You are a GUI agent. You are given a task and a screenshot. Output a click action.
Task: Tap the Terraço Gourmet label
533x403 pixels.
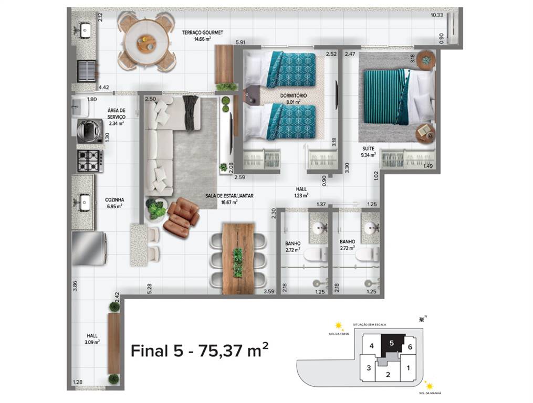point(202,35)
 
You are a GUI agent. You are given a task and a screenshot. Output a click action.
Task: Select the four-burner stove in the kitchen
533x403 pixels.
point(90,161)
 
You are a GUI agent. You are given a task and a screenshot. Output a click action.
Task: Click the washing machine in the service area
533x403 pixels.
point(90,131)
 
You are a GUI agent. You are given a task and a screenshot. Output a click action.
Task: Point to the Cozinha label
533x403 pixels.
point(114,203)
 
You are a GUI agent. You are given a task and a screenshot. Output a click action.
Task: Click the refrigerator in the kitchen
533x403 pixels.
point(89,248)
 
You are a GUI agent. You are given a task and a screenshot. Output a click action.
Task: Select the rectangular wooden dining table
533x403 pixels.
point(238,258)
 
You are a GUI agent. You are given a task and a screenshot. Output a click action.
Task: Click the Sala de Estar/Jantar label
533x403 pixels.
point(229,198)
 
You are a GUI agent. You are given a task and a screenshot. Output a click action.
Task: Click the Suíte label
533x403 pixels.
point(368,152)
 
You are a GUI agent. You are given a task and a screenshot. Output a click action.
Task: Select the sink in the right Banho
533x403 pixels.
point(370,227)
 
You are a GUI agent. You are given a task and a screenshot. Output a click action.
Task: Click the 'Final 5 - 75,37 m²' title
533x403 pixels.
point(200,351)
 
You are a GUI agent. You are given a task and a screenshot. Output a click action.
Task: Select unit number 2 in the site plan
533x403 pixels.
point(388,374)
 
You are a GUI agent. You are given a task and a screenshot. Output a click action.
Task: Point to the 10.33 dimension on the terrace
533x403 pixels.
point(436,15)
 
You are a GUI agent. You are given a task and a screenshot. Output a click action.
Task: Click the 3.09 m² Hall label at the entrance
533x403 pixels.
point(92,338)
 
